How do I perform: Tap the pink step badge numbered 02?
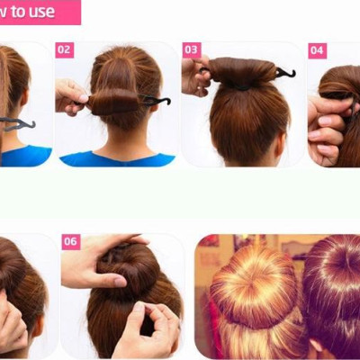[x=64, y=49]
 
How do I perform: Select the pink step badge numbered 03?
[x=192, y=49]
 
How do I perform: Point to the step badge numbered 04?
[x=317, y=49]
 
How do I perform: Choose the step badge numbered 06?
[x=71, y=241]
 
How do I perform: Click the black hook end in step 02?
[x=157, y=101]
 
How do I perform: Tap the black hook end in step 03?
[x=285, y=72]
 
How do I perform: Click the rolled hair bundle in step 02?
[x=114, y=100]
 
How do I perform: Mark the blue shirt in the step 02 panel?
[x=117, y=159]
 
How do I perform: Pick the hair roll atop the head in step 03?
[x=241, y=72]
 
